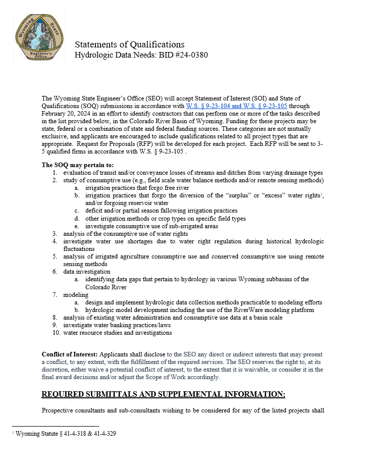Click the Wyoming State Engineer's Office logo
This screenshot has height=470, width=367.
39,38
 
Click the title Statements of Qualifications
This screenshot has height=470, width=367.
129,44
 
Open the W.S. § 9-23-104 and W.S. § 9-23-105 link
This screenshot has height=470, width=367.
236,106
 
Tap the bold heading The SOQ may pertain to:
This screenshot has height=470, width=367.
78,165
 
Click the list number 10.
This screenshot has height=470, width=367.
56,333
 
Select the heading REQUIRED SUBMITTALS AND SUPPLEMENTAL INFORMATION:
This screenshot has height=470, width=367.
163,394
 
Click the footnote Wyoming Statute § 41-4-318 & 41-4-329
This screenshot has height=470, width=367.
66,434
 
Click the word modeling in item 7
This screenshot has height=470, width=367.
76,295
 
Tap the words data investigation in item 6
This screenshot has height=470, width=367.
86,272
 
